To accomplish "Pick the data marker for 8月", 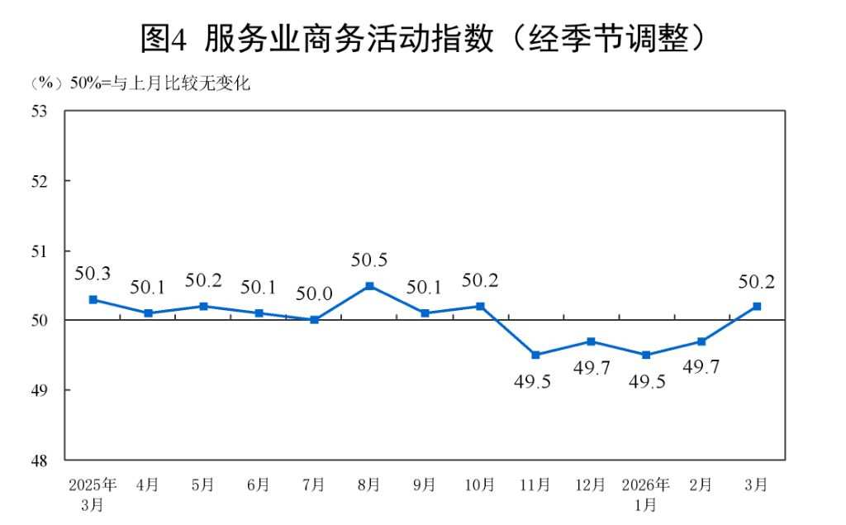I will click(369, 286).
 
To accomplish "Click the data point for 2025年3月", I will click(93, 299).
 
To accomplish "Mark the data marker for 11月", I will click(535, 355).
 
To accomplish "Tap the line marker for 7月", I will click(314, 320).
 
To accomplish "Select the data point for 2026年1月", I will click(646, 355).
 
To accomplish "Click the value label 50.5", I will click(369, 260).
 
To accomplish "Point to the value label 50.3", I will click(93, 274).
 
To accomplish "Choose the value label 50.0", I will click(314, 294).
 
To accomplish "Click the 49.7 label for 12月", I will click(591, 368).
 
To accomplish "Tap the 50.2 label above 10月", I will click(480, 281).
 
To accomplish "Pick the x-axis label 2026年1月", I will click(646, 494).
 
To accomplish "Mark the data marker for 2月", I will click(701, 341).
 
